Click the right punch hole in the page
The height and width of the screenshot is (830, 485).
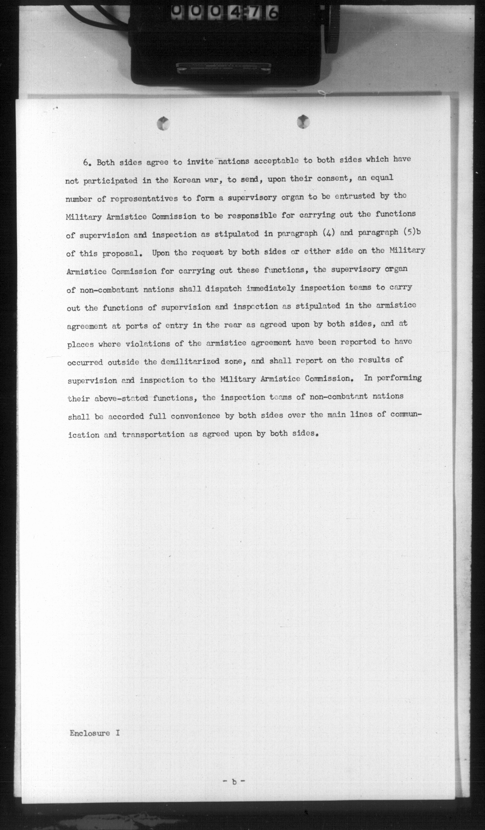pos(303,122)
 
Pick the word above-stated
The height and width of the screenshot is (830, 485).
pos(121,398)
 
